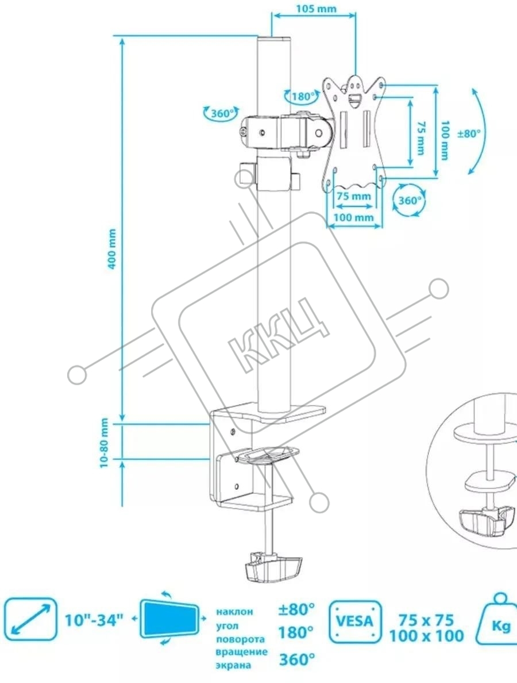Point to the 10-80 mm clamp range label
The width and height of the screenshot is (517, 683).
coord(105,443)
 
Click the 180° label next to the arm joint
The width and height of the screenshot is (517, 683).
coord(302,97)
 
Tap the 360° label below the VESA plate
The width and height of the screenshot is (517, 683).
coord(410,201)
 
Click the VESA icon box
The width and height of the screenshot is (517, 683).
coord(355,621)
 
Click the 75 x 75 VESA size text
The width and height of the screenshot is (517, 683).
coord(426,620)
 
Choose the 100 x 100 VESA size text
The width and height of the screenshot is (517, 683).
coord(426,636)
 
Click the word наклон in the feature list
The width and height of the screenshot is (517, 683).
coord(234,612)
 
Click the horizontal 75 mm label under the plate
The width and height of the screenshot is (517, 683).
coord(353,195)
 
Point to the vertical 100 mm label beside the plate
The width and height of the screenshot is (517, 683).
coord(444,140)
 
